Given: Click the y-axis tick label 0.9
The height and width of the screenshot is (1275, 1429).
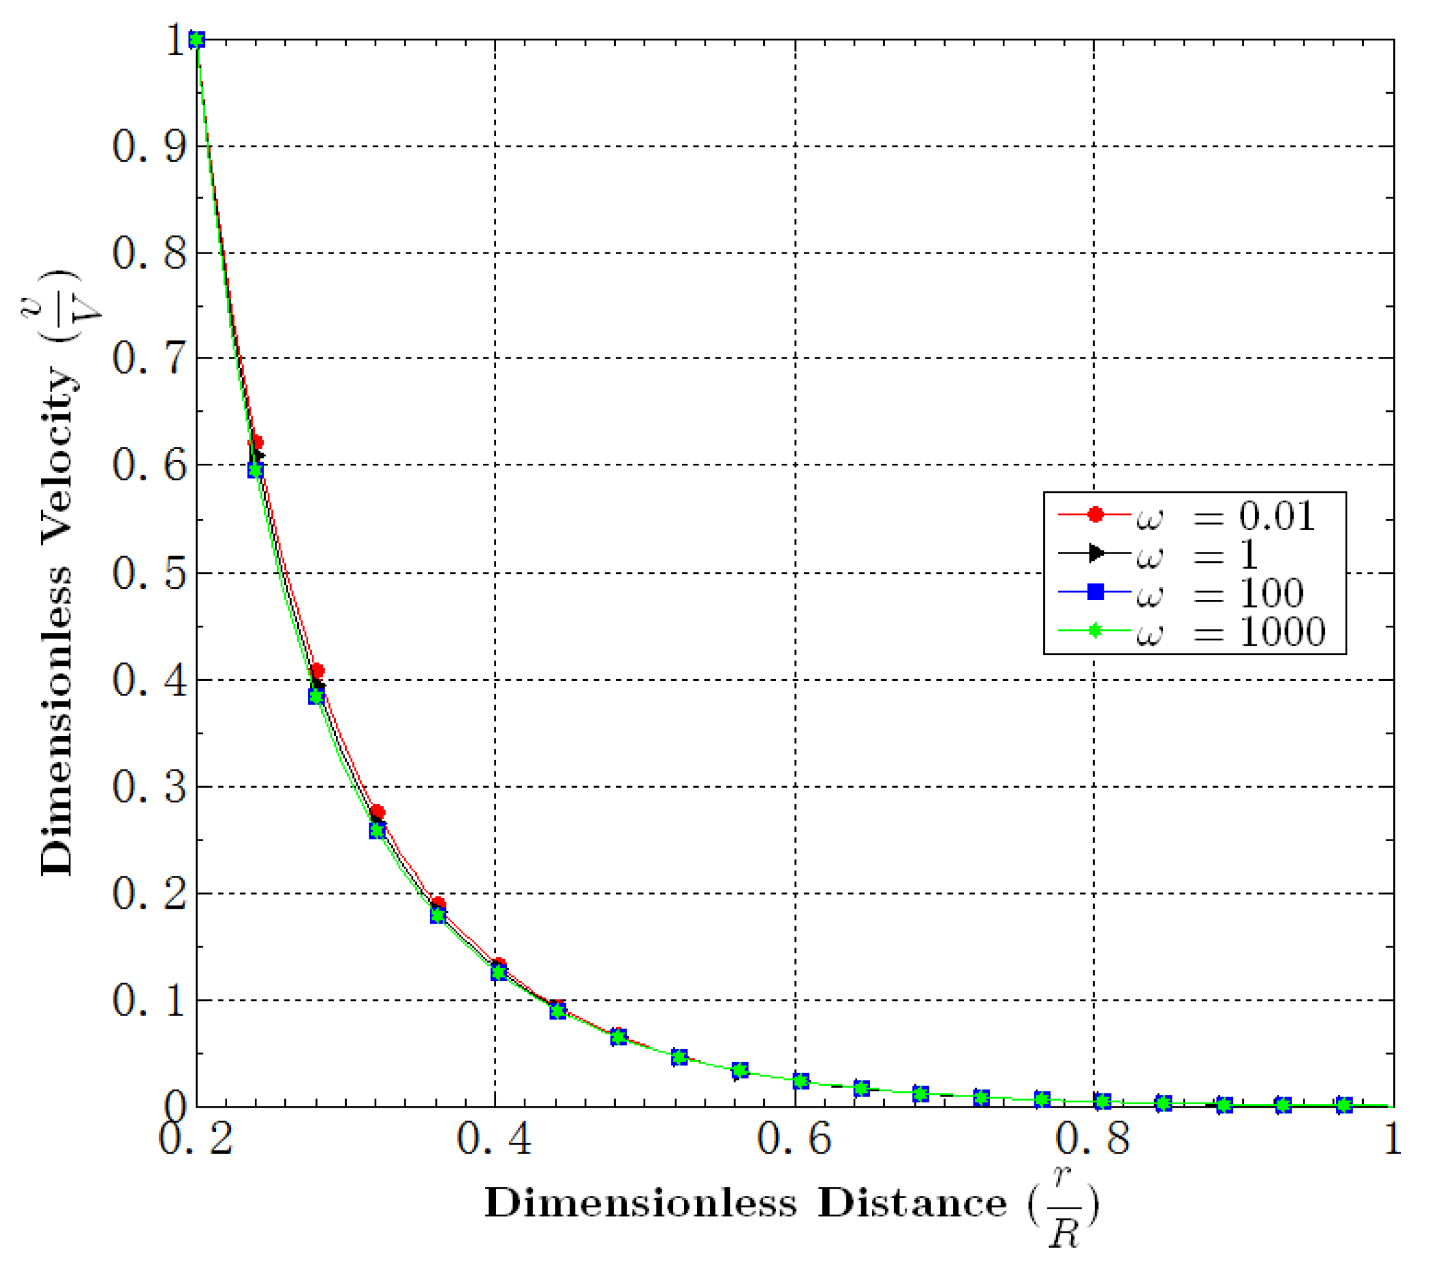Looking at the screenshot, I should pos(150,147).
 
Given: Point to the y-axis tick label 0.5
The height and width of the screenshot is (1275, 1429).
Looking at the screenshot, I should pos(150,574).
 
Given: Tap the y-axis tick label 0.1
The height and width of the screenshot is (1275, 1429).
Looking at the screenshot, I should pos(150,1000).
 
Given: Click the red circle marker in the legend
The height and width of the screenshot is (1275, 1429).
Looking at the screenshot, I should pos(1096,515).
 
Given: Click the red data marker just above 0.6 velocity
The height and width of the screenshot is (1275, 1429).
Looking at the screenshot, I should pos(257,443).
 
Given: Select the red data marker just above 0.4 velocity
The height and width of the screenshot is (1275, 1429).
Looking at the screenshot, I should pos(317,670).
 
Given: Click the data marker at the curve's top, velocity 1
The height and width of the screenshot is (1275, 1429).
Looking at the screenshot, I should pos(197,40).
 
